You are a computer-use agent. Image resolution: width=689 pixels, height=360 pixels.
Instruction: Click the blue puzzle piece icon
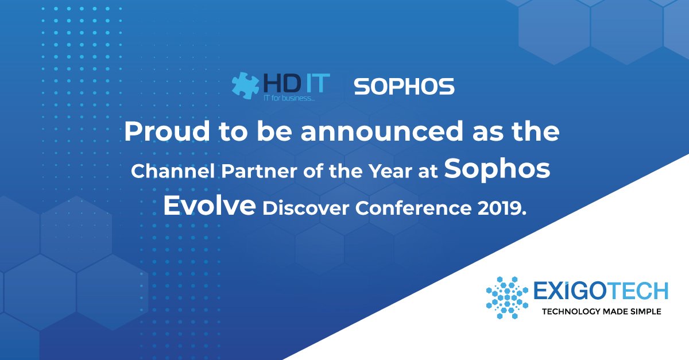(245, 86)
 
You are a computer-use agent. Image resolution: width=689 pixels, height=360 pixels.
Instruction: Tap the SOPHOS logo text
(404, 87)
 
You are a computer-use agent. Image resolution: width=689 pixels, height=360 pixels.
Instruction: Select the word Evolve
(209, 206)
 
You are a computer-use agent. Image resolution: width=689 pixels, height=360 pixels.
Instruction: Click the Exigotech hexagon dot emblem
(507, 297)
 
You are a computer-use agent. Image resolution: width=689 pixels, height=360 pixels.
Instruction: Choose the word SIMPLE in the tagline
(644, 312)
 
